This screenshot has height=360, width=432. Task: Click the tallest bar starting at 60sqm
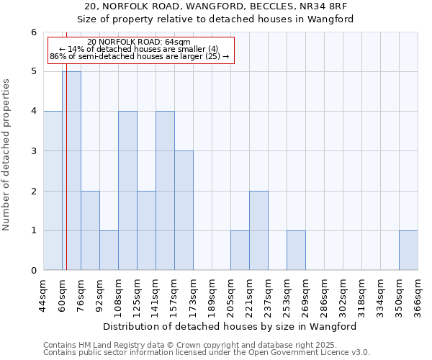71,171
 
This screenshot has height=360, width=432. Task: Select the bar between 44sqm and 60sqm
53,191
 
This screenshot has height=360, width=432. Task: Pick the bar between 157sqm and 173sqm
184,210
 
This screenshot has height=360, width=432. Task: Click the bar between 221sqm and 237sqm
258,230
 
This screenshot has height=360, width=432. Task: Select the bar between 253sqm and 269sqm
296,251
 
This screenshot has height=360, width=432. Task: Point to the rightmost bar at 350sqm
408,251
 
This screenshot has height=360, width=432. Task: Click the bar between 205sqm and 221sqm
240,251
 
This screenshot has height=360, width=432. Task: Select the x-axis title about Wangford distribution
230,326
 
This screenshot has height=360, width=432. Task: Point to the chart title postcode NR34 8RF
215,6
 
